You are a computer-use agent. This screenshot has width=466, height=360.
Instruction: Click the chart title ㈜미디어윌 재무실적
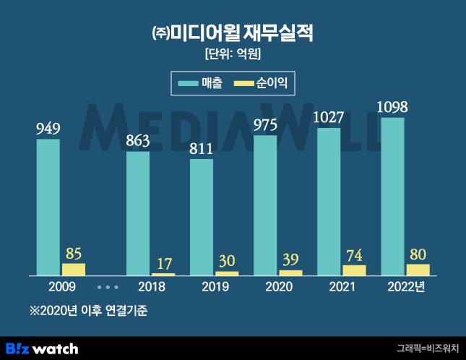pyautogui.click(x=233, y=33)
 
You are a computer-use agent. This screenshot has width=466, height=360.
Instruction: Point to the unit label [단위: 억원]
pyautogui.click(x=233, y=53)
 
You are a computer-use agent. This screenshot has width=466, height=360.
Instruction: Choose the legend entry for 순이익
pyautogui.click(x=261, y=84)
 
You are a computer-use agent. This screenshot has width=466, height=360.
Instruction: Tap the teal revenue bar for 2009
pyautogui.click(x=48, y=207)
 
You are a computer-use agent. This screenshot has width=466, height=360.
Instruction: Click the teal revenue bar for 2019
pyautogui.click(x=202, y=217)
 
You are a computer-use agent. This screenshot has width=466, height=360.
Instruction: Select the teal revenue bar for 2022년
pyautogui.click(x=392, y=196)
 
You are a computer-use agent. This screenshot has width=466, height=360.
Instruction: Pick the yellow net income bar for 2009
pyautogui.click(x=74, y=269)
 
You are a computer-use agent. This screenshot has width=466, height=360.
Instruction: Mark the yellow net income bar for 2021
pyautogui.click(x=354, y=270)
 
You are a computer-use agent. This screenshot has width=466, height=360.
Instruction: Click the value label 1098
pyautogui.click(x=392, y=108)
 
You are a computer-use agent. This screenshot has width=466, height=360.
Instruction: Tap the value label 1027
pyautogui.click(x=329, y=118)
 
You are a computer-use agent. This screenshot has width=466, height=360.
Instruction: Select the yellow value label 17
pyautogui.click(x=163, y=264)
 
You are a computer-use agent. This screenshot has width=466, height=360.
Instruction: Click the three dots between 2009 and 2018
pyautogui.click(x=107, y=287)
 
